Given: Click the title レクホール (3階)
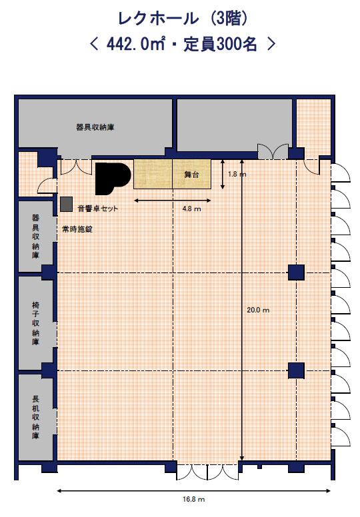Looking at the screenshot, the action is (x=183, y=19).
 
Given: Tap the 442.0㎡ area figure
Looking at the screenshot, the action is (x=135, y=44).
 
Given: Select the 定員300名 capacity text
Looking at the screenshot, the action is (x=220, y=44).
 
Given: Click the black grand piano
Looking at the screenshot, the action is (x=113, y=178).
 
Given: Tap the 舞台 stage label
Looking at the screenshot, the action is (x=192, y=175).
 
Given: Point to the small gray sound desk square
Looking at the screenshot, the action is (x=66, y=204).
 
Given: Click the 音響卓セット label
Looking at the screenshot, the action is (x=98, y=209).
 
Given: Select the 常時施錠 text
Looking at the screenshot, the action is (x=77, y=229).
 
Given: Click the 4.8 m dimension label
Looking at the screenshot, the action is (x=192, y=209).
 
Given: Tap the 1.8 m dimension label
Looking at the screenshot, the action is (x=237, y=174).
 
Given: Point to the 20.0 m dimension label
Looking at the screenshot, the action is (x=258, y=310).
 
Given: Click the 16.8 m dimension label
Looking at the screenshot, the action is (x=194, y=499).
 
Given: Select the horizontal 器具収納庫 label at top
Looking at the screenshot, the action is (x=95, y=127).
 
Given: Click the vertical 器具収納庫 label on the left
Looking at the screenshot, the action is (x=35, y=237).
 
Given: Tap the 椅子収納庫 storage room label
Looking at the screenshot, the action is (x=35, y=323).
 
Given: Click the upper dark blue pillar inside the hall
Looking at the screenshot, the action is (x=296, y=272).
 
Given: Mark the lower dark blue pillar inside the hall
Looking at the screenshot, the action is (x=296, y=370).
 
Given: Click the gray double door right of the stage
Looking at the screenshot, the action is (x=273, y=152).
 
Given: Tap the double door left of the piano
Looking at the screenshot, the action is (x=76, y=167).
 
